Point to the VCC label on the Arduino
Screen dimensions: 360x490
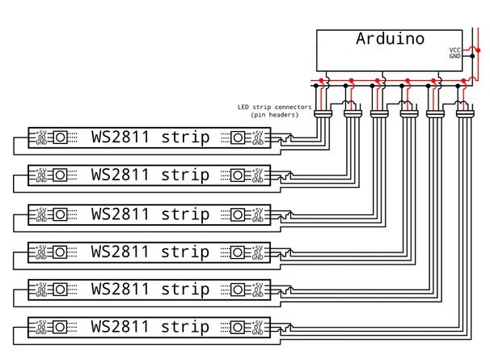point(455,50)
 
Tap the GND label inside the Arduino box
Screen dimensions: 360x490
point(455,57)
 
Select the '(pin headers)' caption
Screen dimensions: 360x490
point(274,115)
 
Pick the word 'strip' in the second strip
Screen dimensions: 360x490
point(185,175)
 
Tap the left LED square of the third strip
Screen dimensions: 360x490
point(60,214)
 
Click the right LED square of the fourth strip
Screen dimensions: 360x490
point(239,252)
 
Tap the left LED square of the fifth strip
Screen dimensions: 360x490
point(60,290)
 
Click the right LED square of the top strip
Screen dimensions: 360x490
point(239,138)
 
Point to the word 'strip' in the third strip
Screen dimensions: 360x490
point(185,214)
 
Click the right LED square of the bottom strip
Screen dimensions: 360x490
point(239,328)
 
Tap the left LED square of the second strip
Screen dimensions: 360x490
point(60,176)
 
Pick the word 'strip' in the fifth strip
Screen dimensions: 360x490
point(185,290)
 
